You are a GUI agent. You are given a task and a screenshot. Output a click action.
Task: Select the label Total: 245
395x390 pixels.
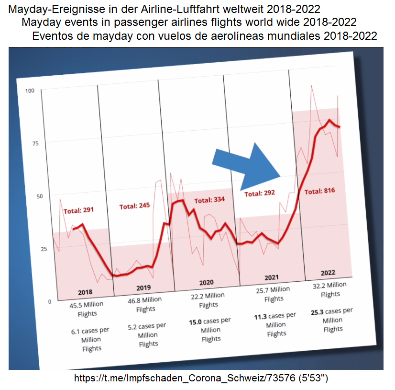click(134, 206)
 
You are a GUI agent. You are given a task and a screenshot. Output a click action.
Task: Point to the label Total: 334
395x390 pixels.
click(209, 199)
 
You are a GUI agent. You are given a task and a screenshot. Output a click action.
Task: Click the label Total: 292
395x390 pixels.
click(260, 194)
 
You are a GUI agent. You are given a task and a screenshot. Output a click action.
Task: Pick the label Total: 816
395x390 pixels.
click(319, 191)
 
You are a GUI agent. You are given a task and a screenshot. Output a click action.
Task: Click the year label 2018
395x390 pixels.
click(85, 292)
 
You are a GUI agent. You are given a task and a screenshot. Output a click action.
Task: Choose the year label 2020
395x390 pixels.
click(206, 282)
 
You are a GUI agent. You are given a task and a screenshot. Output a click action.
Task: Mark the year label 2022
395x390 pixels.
click(328, 273)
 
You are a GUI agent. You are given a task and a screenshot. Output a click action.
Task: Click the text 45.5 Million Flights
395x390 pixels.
click(87, 309)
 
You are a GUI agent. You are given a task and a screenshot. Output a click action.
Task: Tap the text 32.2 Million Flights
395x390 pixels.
click(329, 289)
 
